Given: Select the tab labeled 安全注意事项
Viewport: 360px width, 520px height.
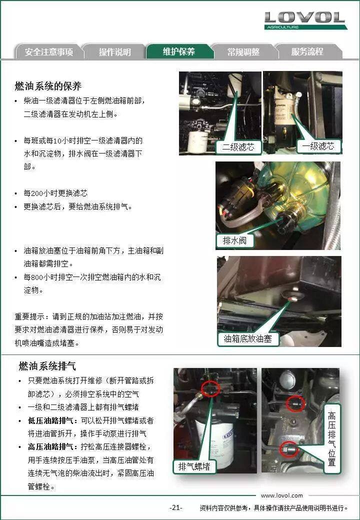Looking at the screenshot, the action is point(48,52).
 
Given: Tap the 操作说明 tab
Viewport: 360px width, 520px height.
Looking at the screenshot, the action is point(114,52).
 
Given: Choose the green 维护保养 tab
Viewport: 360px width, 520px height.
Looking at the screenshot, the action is point(179,51).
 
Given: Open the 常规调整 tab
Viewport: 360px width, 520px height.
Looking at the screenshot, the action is point(243,52).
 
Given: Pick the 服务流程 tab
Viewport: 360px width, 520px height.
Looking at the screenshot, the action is point(307,51).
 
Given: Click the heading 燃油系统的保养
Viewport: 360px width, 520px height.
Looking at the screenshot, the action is point(48,86).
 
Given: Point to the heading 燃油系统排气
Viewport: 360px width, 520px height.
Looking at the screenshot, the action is point(47,366).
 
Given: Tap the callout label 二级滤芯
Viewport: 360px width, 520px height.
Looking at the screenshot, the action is point(238,147).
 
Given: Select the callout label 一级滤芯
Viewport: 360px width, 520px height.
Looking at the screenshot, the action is point(318,146).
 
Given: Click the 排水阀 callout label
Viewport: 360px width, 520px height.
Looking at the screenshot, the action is point(234,240).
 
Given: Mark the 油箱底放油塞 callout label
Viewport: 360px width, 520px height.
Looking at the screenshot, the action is point(247,338).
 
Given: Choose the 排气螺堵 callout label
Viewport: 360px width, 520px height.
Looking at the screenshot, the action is point(194,466).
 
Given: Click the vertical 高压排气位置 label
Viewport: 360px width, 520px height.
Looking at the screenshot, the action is point(331,439).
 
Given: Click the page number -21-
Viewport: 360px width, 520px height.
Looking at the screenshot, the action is point(175,507).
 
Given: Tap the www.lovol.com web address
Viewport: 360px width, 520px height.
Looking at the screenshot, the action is point(282,495).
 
